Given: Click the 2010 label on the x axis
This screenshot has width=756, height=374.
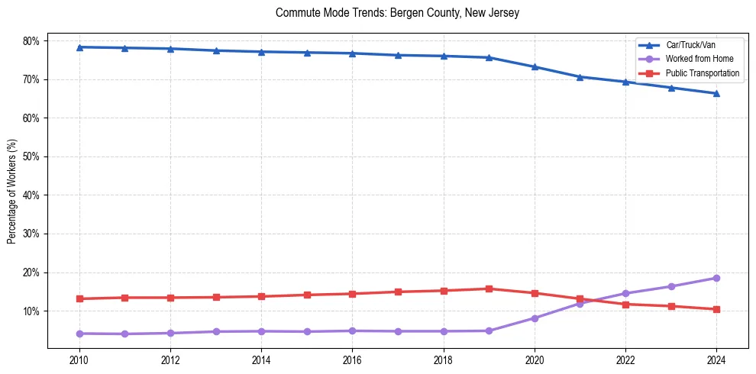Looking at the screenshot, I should [79, 359].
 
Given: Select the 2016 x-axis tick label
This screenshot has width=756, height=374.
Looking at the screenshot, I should [352, 359].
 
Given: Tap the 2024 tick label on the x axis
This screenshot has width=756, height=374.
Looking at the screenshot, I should [716, 359].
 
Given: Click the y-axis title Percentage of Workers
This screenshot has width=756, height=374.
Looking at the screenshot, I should [12, 191].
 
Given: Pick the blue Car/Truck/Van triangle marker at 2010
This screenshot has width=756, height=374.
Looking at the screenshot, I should [79, 47].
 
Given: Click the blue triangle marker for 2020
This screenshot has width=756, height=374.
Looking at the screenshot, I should [535, 67].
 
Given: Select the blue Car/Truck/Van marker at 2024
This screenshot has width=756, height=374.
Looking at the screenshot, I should [716, 94].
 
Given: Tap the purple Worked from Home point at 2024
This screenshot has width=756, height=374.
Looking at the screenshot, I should [716, 278].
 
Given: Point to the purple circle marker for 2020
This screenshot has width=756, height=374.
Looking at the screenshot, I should [535, 318].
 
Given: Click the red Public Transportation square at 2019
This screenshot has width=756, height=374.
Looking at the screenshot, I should [489, 289].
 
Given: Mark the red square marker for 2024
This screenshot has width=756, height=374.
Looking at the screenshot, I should [716, 309].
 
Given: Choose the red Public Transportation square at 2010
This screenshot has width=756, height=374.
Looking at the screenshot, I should [79, 298].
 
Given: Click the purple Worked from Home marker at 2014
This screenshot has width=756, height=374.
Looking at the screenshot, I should [261, 331].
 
